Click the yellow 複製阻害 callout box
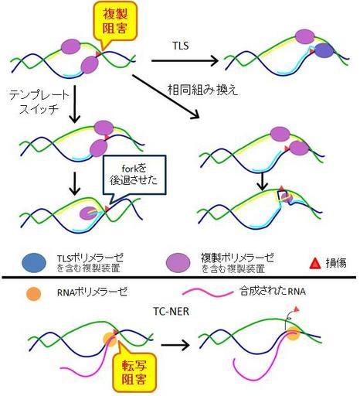click(115, 22)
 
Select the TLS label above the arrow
click(181, 46)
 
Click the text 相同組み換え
click(202, 90)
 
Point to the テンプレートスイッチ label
click(39, 103)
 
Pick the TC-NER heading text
click(172, 312)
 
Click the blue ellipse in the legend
click(34, 263)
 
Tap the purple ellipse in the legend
click(178, 263)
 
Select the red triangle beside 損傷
click(315, 264)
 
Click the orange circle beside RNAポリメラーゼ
click(33, 294)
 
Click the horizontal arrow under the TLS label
click(185, 61)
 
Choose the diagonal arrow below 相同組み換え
click(166, 97)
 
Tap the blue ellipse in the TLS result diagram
click(324, 50)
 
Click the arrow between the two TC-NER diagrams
click(175, 345)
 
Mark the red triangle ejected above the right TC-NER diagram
click(297, 309)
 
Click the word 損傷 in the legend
click(336, 263)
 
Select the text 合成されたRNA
click(273, 292)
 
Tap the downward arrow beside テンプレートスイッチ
click(75, 104)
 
